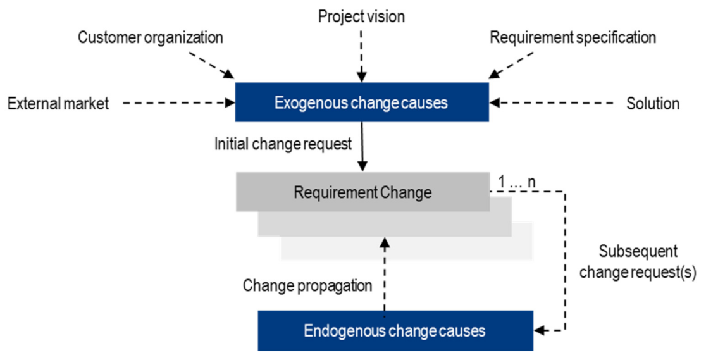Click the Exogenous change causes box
coord(362,102)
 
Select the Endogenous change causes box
coord(395,330)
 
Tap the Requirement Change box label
coord(362,192)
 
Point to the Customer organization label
coord(151,37)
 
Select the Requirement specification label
coord(573,37)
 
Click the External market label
coord(58,103)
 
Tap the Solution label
coord(653,103)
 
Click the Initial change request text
coord(283,144)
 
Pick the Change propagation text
coord(307,286)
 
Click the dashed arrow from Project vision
coord(362,54)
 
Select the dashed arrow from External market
coord(177,102)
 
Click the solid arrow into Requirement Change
coord(362,146)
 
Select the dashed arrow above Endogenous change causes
coord(384,272)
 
